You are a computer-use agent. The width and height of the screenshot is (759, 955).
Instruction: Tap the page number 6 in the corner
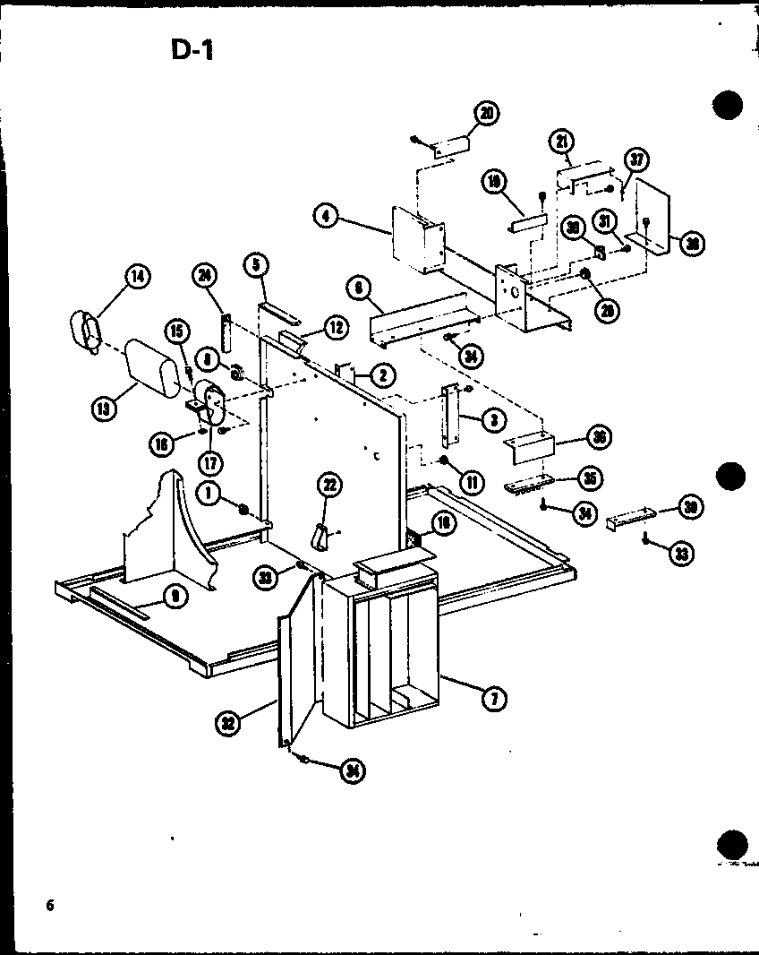click(51, 905)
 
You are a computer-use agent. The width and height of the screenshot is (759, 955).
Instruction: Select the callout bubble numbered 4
click(327, 216)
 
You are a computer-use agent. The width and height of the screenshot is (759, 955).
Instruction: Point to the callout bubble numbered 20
click(488, 114)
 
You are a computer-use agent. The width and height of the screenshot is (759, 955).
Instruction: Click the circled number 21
click(561, 141)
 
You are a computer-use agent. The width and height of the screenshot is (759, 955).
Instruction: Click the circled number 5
click(256, 264)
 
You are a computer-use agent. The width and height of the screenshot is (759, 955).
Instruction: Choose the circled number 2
click(382, 375)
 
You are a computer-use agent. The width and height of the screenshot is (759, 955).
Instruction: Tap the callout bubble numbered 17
click(211, 464)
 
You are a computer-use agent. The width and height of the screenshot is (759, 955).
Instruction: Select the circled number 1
click(208, 492)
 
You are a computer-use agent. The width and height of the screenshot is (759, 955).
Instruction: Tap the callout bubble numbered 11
click(470, 483)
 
